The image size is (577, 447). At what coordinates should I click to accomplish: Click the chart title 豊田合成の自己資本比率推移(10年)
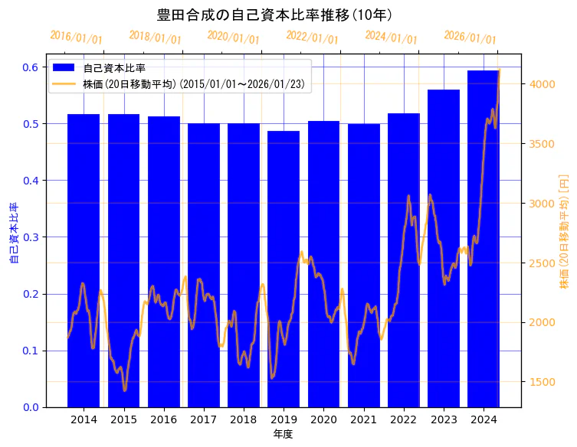[x=274, y=15]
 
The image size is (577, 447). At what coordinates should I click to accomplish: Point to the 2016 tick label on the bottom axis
[x=164, y=419]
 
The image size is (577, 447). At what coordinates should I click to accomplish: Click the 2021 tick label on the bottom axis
[x=363, y=419]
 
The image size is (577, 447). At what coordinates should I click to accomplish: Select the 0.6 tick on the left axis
[x=30, y=67]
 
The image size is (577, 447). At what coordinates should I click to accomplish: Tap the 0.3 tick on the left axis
[x=30, y=237]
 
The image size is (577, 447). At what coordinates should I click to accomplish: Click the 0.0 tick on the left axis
[x=30, y=407]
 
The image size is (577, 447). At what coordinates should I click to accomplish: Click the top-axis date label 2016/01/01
[x=76, y=38]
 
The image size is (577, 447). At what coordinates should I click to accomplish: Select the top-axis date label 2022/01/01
[x=312, y=38]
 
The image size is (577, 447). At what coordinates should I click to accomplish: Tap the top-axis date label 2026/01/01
[x=470, y=38]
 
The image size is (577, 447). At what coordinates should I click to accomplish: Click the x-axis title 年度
[x=283, y=434]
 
